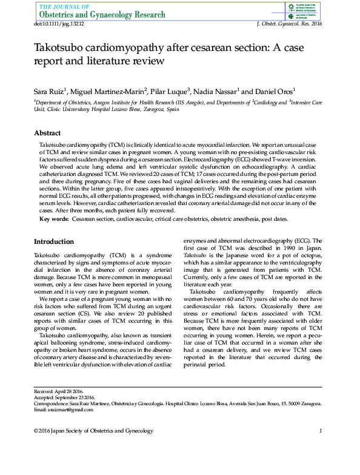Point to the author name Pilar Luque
(x=170, y=90)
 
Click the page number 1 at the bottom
(x=320, y=431)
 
